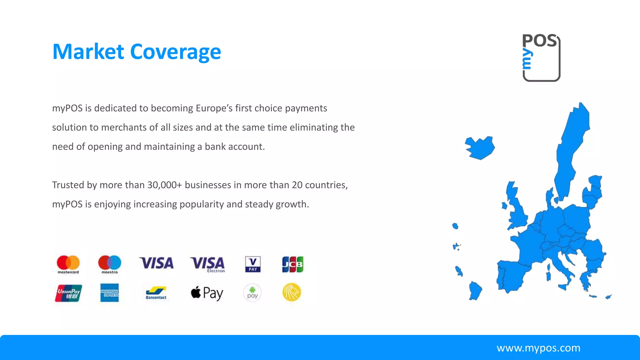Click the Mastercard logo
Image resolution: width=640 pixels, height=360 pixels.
[x=68, y=264]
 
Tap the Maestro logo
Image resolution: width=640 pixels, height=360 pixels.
[x=110, y=264]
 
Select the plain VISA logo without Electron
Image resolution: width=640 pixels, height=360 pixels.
[x=156, y=263]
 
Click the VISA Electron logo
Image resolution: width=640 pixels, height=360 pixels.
[x=207, y=264]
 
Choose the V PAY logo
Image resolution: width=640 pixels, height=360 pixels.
[x=253, y=264]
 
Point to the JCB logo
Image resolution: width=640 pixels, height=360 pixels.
[x=292, y=264]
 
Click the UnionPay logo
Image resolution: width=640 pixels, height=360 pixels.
[x=68, y=293]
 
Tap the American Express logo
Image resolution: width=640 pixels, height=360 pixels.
[x=109, y=293]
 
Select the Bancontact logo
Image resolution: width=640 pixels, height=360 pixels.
[x=156, y=293]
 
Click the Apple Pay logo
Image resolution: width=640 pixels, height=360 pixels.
[x=207, y=293]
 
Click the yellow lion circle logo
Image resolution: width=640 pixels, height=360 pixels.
[x=292, y=292]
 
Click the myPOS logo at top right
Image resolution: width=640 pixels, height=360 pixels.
[x=541, y=58]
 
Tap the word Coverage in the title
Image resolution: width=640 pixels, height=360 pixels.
[x=176, y=52]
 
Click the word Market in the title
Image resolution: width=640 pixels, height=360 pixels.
[x=88, y=52]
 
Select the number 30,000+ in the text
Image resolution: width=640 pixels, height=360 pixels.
[x=164, y=185]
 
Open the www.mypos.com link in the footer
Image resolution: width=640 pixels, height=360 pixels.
[x=538, y=348]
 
